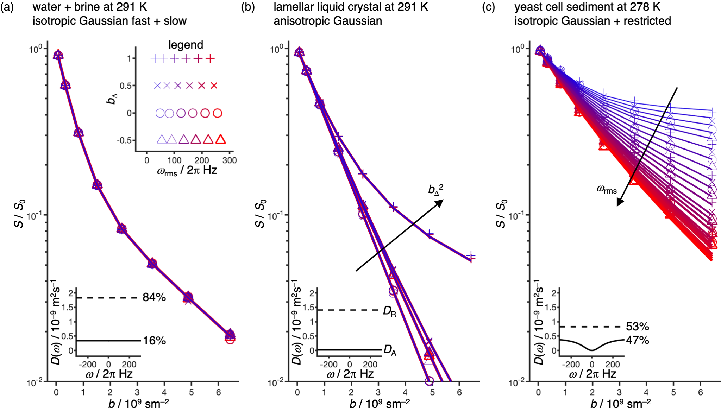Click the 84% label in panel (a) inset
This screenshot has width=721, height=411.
[154, 298]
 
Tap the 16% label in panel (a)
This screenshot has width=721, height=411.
[154, 341]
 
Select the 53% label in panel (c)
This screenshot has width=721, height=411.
[637, 327]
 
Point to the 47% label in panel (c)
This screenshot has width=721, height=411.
[637, 340]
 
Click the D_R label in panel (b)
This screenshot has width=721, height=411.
[389, 311]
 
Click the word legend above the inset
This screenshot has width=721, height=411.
[186, 45]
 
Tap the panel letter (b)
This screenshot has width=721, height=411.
[248, 7]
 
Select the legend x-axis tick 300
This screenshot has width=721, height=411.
[230, 160]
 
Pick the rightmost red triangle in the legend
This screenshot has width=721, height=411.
[220, 140]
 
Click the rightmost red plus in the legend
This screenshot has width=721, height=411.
[210, 59]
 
